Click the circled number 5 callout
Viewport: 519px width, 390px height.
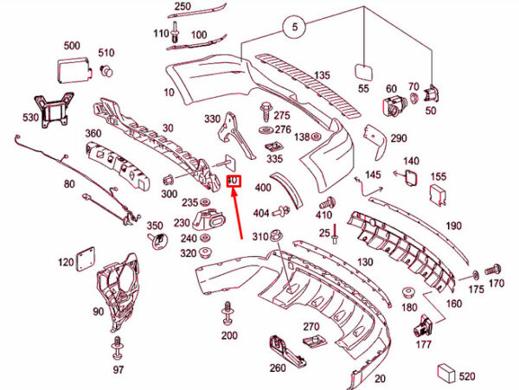click(x=295, y=28)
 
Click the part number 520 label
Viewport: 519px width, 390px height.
click(x=467, y=377)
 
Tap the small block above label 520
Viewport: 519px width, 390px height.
click(x=447, y=371)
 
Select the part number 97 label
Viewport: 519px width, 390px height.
click(x=119, y=370)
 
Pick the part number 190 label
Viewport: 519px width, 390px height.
click(x=454, y=226)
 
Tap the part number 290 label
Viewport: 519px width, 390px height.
click(x=399, y=138)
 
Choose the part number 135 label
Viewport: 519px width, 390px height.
click(x=322, y=75)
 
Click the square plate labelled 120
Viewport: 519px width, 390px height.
click(x=85, y=256)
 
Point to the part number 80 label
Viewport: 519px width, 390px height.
click(x=69, y=183)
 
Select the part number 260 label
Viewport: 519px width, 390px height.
click(x=277, y=368)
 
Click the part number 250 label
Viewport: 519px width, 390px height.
click(x=183, y=7)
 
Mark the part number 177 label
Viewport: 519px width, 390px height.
click(x=423, y=345)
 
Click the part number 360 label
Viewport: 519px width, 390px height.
click(x=93, y=135)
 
